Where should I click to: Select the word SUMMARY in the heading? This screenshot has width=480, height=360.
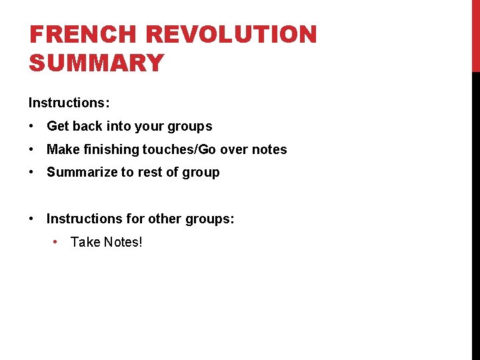[x=97, y=63]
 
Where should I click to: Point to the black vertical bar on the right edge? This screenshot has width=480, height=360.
[x=475, y=213]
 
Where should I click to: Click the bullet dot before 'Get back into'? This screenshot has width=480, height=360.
[x=31, y=126]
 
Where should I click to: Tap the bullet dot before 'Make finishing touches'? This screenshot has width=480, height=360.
[x=31, y=149]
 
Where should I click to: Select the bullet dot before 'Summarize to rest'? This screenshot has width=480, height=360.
[x=31, y=172]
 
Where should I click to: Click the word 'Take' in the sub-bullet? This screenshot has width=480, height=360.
[x=83, y=242]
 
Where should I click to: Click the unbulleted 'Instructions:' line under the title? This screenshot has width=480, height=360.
[x=69, y=103]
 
